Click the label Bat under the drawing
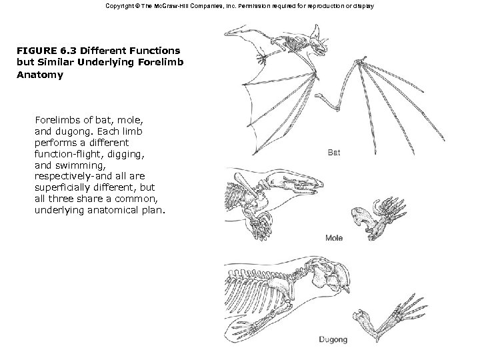point(334,153)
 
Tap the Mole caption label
point(334,238)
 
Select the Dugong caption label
point(333,340)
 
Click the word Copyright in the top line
point(121,6)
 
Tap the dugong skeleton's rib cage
point(250,293)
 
